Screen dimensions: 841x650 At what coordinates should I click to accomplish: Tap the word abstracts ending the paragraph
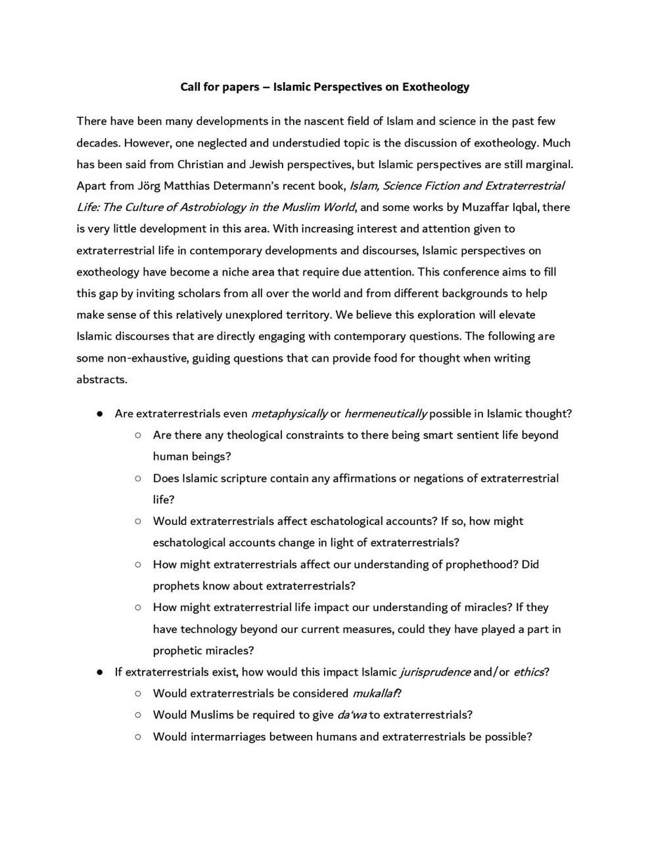102,378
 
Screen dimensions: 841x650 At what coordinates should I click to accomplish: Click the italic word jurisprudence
434,672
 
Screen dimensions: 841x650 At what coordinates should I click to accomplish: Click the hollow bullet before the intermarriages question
138,737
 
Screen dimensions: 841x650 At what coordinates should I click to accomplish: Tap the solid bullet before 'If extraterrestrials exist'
100,672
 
